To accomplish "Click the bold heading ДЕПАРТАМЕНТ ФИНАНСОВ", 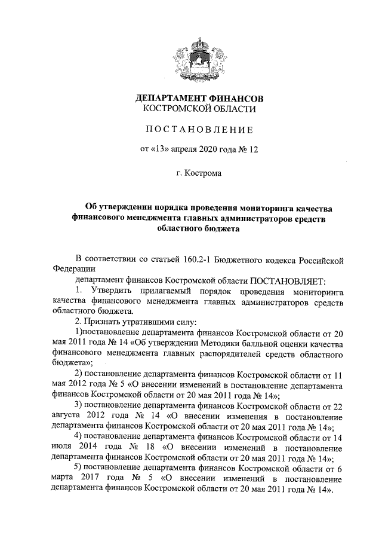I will (x=199, y=97).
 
